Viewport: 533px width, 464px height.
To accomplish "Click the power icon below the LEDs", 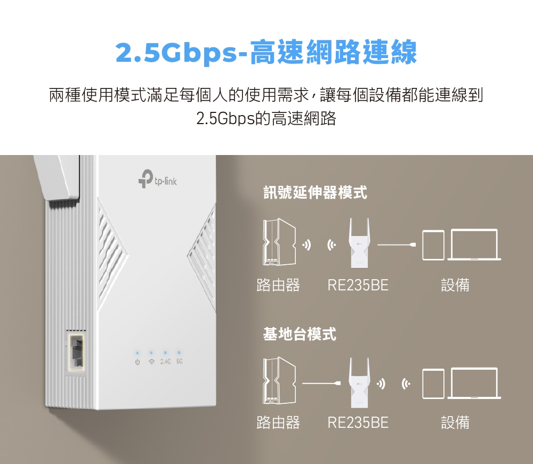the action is click(x=138, y=362).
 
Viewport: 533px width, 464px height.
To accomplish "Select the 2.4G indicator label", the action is click(x=165, y=362).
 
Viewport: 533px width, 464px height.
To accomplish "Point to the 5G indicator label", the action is click(x=180, y=362).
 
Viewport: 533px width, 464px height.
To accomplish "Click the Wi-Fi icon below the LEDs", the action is click(x=151, y=362).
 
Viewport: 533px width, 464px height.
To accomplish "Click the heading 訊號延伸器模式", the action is click(x=315, y=192).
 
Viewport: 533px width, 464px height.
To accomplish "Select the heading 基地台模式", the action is click(x=300, y=334).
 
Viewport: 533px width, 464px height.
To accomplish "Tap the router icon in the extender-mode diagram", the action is click(x=279, y=242).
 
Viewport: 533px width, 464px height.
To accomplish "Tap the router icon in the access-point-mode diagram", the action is click(x=279, y=380).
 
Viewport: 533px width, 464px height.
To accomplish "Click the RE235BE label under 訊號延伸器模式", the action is click(x=358, y=285).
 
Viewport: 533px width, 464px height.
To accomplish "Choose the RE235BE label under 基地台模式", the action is click(x=358, y=423).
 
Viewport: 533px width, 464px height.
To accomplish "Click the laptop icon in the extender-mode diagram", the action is click(x=474, y=245).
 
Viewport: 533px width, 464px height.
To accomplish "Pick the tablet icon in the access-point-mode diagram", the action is click(x=433, y=384).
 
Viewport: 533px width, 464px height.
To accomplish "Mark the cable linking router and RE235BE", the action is click(x=321, y=383).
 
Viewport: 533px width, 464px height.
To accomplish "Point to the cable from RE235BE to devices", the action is click(x=397, y=245).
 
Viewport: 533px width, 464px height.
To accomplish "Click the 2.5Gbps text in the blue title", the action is click(x=176, y=53).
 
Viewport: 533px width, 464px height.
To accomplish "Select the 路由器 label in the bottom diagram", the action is click(x=278, y=423).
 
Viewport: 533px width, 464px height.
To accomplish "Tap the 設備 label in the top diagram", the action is click(x=455, y=285).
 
